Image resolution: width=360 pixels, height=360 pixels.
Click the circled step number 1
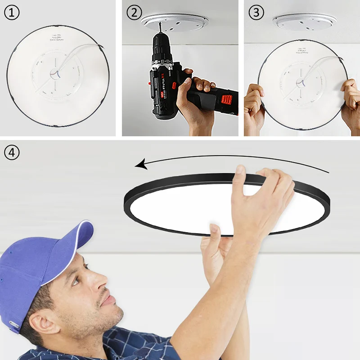tap(12, 13)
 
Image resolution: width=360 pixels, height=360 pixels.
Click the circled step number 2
tap(134, 13)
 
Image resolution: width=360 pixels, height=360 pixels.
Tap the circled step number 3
tap(256, 13)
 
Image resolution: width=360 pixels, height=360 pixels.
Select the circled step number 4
tap(12, 153)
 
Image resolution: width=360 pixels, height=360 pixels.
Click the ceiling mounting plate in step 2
tap(175, 22)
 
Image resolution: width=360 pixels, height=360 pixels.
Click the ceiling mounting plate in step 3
tap(305, 21)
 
